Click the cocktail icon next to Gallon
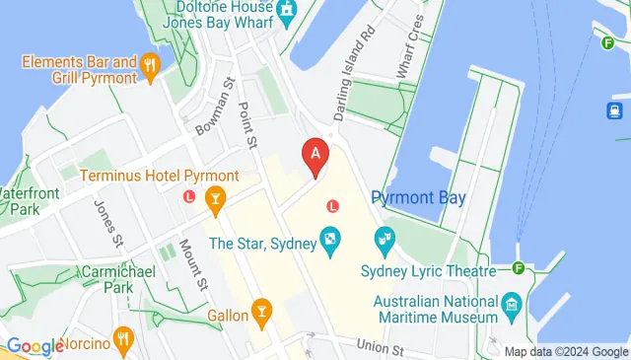point(261,314)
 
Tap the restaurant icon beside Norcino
point(123,340)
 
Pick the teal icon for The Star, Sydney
point(329,238)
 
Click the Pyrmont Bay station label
point(418,197)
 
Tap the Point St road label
point(248,120)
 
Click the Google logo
point(35,346)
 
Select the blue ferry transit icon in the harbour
point(613,110)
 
